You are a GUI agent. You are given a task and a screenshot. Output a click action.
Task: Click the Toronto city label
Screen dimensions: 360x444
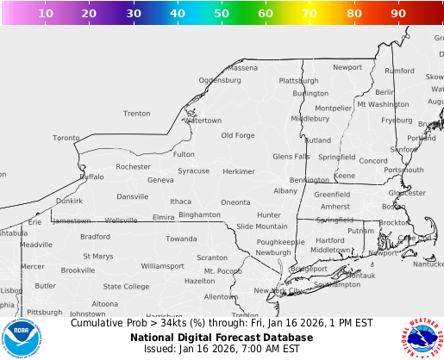66,138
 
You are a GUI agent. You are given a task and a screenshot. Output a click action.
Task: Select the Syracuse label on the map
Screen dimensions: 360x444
193,171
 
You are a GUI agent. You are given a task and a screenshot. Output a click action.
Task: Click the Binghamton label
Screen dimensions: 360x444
199,214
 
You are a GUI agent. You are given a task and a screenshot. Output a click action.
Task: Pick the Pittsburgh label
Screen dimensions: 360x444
44,312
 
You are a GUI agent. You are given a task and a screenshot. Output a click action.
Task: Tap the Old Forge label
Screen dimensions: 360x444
238,135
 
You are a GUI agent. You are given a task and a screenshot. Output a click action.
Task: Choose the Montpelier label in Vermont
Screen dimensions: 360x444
334,109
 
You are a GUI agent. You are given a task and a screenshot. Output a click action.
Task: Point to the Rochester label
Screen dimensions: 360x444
133,166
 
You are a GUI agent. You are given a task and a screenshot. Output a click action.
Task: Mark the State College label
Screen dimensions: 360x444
126,287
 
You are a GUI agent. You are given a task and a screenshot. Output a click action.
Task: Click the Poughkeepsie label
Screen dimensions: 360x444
280,242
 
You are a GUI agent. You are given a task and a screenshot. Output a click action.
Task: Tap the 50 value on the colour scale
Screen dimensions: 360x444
222,14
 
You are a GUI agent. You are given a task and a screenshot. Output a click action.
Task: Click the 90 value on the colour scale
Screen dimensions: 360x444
397,14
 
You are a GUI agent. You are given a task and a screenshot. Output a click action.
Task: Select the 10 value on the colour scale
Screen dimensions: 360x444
47,14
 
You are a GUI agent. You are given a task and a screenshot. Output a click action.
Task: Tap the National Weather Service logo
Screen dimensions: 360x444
420,338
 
